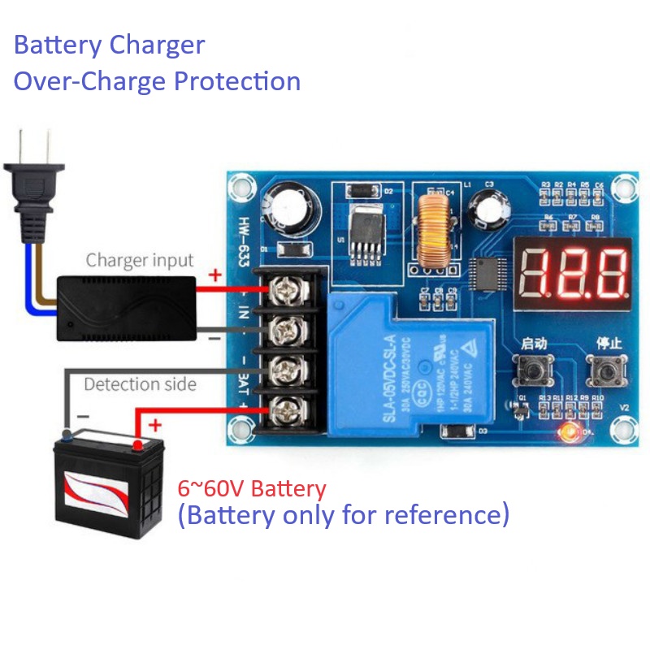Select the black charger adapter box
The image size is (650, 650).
tap(126, 304)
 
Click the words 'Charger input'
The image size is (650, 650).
tap(140, 261)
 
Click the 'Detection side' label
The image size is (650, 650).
tap(140, 383)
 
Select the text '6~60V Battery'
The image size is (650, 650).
tap(252, 489)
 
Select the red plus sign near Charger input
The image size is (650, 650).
tap(214, 275)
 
